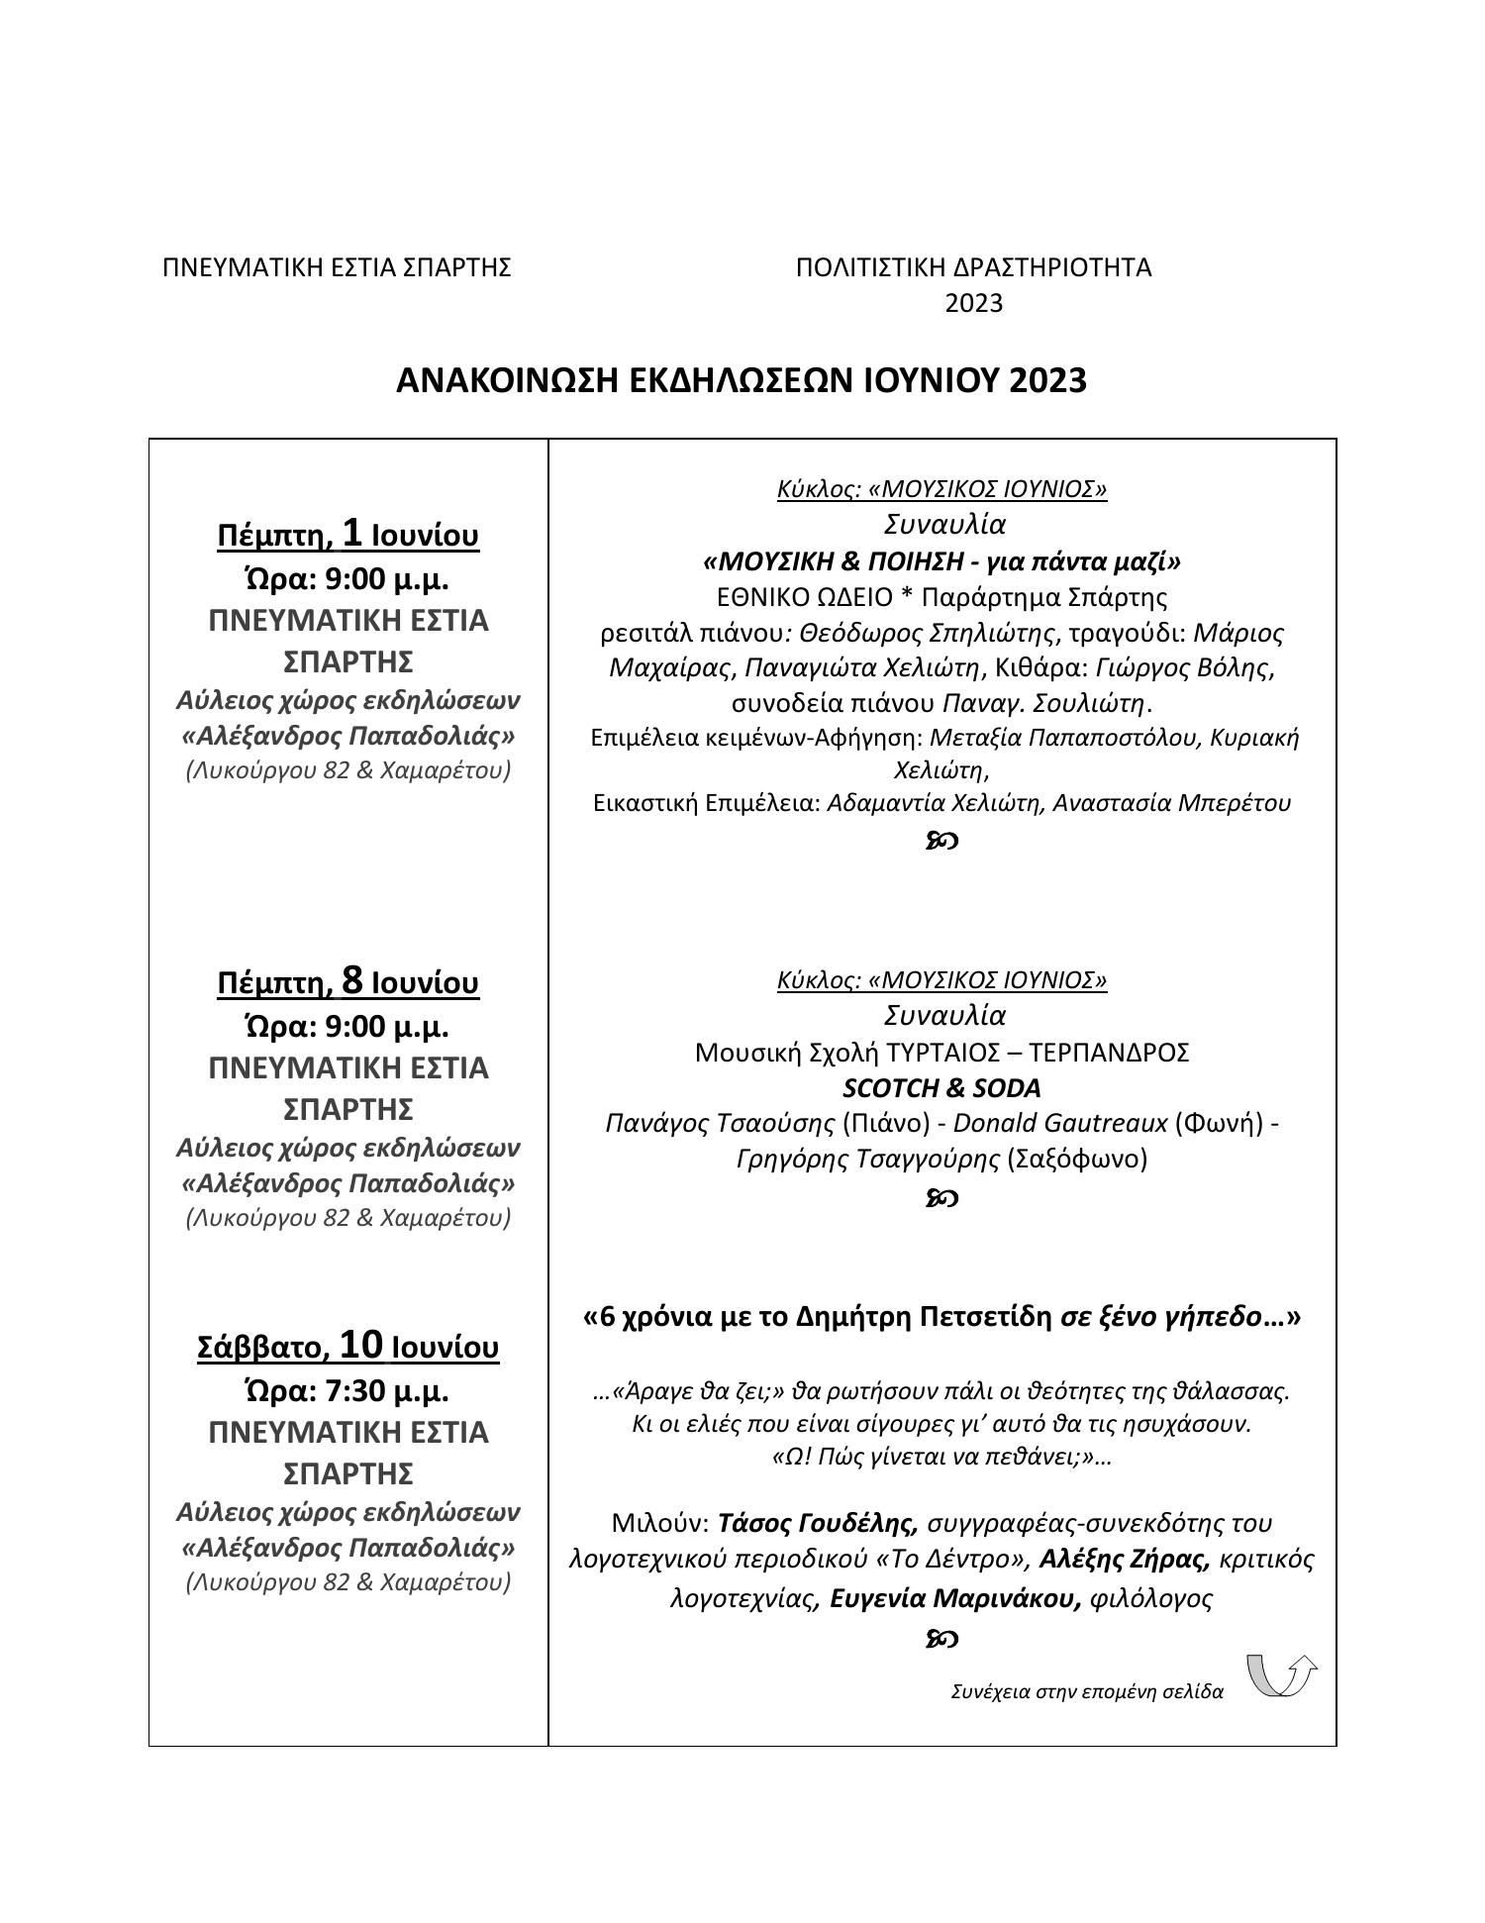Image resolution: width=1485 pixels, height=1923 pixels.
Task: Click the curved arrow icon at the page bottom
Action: pos(1281,1674)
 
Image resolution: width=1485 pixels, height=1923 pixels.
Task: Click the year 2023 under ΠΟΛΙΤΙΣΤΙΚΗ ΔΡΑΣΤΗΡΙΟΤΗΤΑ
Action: pos(973,303)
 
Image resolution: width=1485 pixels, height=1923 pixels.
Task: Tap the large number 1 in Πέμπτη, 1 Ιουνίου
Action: pos(352,534)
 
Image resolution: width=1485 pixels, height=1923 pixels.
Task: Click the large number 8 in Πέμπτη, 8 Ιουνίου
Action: pos(352,981)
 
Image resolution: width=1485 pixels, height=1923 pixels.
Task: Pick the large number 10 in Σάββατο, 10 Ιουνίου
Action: pos(360,1346)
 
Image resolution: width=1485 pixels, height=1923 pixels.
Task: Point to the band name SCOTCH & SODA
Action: pos(941,1088)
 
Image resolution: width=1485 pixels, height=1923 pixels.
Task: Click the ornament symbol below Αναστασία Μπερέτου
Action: pos(941,841)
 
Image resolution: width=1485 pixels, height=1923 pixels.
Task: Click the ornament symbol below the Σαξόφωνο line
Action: pos(941,1199)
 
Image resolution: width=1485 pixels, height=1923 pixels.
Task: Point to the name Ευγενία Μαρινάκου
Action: pos(954,1598)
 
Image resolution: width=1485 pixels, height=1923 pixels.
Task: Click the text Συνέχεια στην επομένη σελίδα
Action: pos(1086,1691)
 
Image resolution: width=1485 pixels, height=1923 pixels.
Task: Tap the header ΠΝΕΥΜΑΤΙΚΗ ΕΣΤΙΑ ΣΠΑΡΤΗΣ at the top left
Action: pos(337,267)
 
